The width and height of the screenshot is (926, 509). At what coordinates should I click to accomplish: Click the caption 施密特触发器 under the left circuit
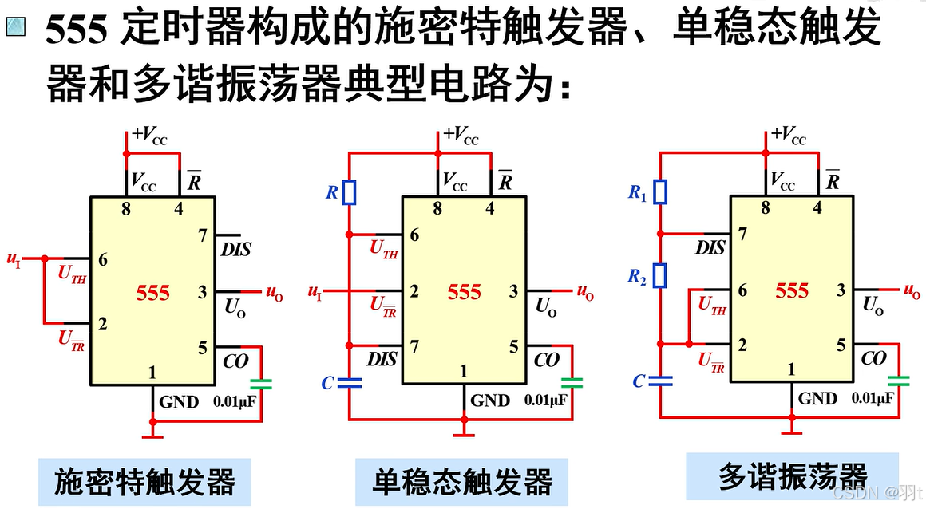coord(144,482)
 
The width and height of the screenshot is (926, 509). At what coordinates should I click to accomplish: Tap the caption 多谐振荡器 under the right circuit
coord(792,476)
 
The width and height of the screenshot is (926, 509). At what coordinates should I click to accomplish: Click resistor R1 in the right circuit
coord(660,191)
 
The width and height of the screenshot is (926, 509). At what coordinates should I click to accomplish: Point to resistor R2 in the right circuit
coord(660,276)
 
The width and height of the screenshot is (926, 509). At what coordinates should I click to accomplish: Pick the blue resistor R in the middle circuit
coord(349,192)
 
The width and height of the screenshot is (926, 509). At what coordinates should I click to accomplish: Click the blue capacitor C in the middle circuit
coord(349,383)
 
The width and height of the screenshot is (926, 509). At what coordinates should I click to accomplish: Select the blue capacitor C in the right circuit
coord(660,381)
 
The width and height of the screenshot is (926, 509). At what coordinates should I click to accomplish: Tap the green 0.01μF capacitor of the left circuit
coord(260,384)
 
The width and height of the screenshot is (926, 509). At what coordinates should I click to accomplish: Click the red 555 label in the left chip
coord(152,293)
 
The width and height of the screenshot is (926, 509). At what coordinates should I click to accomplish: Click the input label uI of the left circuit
coord(14,258)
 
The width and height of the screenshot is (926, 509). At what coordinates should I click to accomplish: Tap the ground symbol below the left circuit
coord(152,434)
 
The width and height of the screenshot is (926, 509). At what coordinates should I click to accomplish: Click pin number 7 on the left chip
coord(202,235)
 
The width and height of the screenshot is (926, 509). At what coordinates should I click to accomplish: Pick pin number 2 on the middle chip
coord(414,292)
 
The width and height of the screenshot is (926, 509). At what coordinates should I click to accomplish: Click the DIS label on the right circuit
coord(710,248)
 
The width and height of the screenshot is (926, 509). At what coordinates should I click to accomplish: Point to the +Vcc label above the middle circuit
coord(461,135)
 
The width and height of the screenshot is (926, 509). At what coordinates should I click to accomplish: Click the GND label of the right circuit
coord(817,398)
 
